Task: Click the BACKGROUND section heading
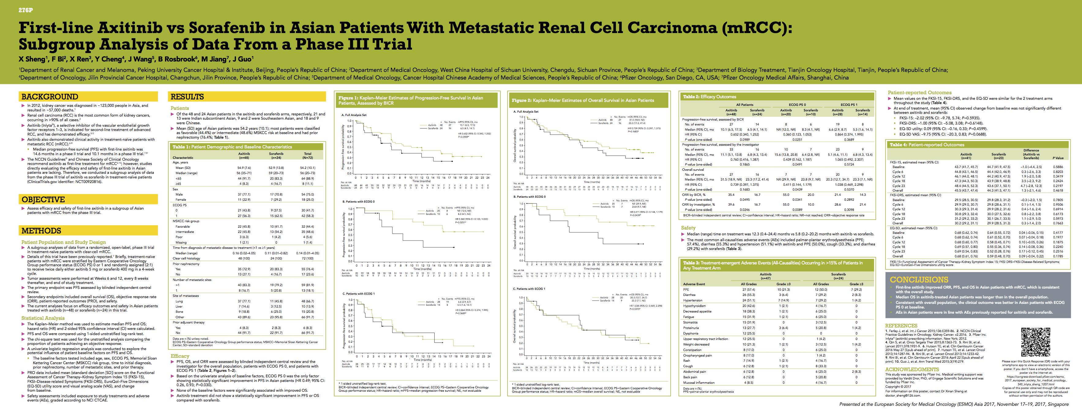(x=50, y=97)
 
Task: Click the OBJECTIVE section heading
(x=44, y=200)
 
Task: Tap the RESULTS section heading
(x=187, y=97)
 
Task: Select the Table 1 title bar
(x=232, y=147)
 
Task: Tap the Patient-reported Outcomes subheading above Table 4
(x=918, y=92)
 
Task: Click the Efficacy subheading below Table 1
(x=180, y=356)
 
